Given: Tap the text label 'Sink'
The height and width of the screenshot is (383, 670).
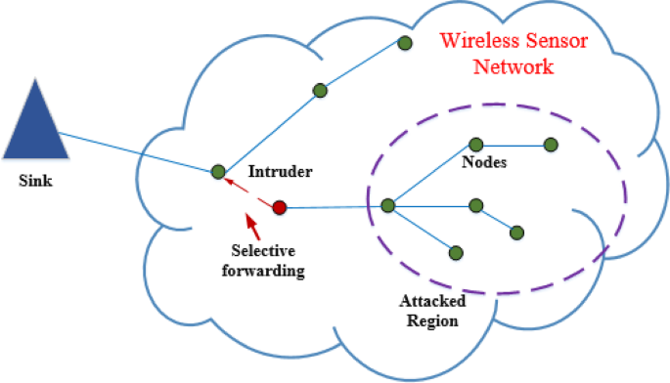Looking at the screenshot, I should [x=34, y=181].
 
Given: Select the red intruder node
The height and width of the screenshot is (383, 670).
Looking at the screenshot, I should [x=279, y=207].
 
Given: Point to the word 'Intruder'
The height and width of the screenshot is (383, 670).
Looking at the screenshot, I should [x=281, y=172].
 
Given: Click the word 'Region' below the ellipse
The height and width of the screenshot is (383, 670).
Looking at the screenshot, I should [x=431, y=319].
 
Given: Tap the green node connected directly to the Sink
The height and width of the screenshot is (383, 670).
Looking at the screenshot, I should [x=218, y=172].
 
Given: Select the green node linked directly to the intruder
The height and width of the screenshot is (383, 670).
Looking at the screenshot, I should [x=387, y=205].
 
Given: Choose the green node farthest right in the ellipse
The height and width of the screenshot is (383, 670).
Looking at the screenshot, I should [x=551, y=145].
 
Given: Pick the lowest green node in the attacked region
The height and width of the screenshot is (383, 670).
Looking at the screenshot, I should [x=456, y=252].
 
